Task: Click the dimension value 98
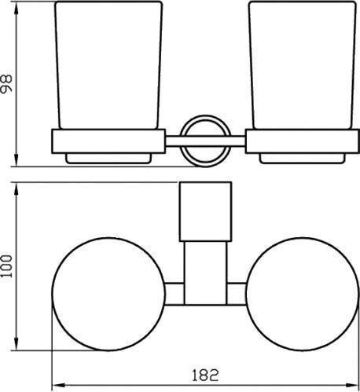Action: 6,83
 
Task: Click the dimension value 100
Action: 6,266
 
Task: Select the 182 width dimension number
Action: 205,376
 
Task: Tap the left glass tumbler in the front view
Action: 108,65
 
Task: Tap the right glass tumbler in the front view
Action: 303,65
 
